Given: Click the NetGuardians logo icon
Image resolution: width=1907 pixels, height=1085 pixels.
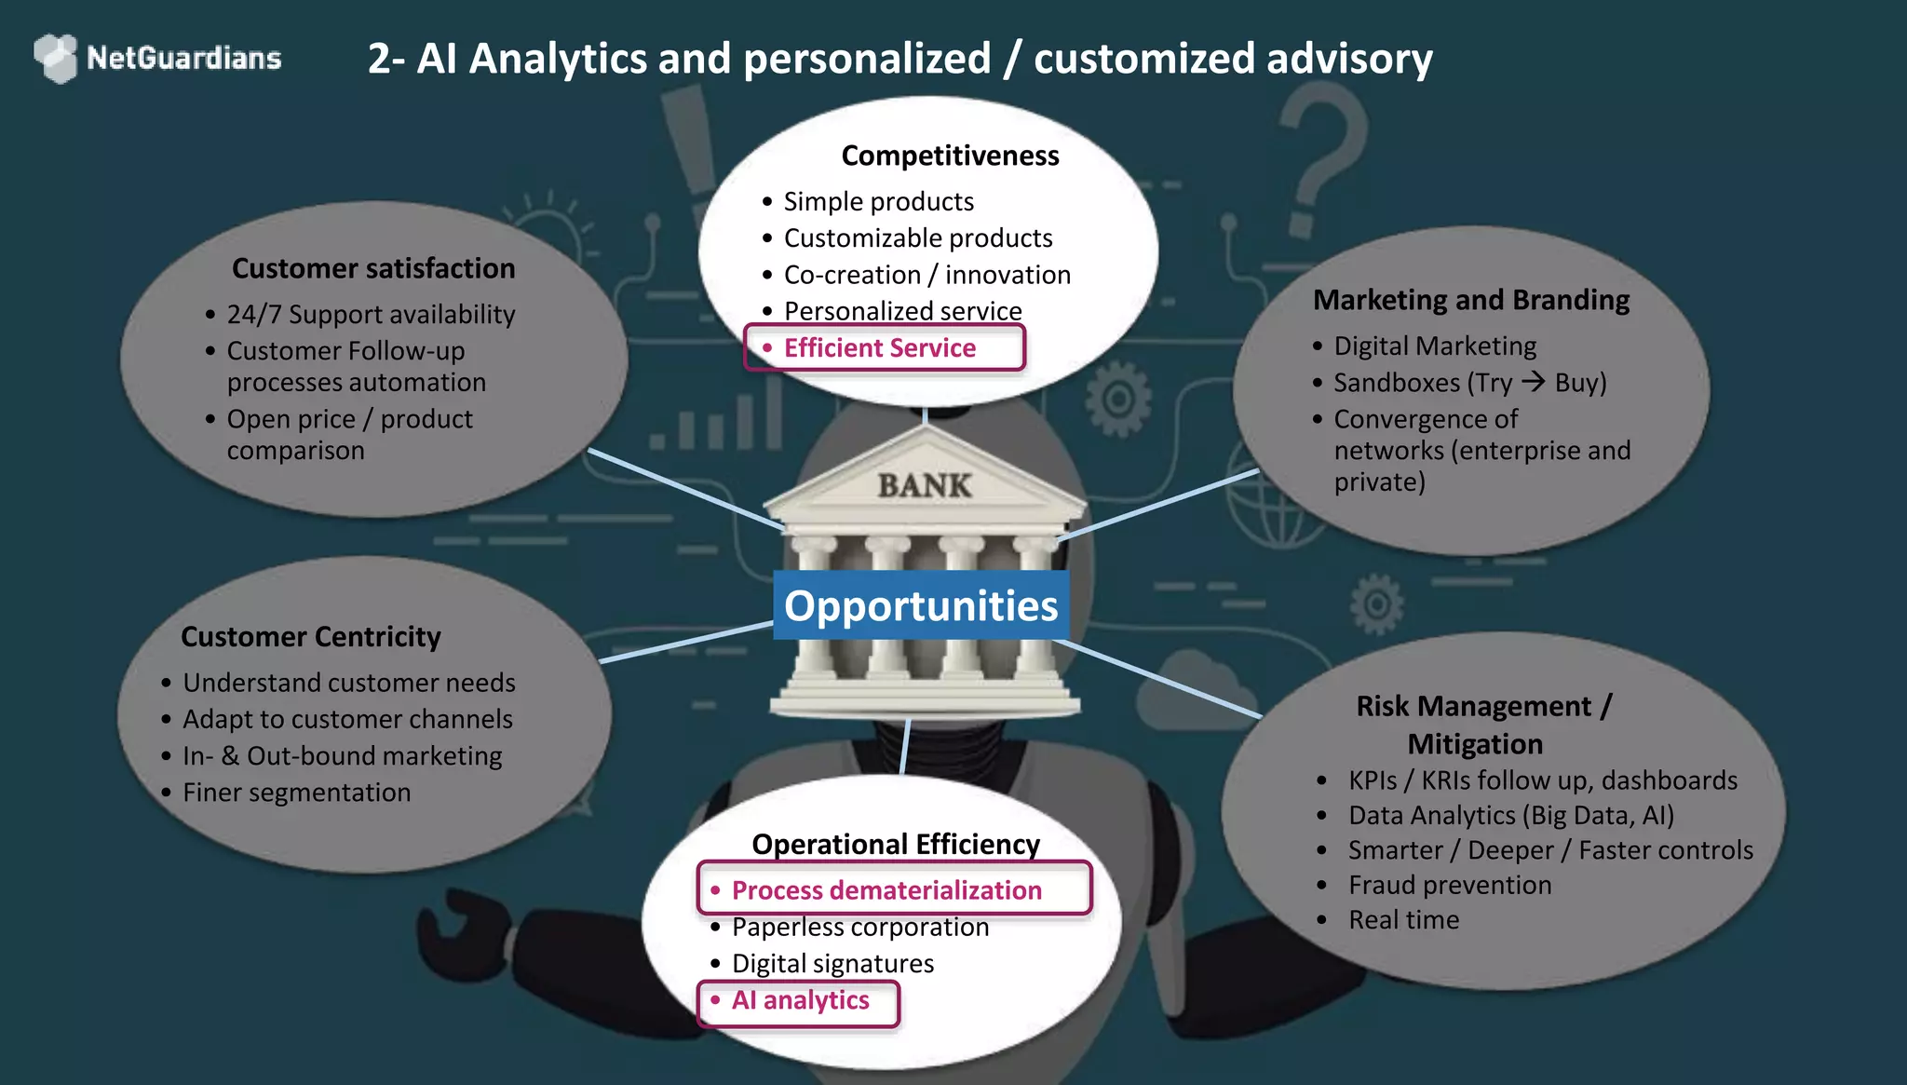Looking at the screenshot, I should coord(56,58).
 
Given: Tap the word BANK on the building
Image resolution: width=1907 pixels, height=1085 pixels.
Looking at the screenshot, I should coord(924,485).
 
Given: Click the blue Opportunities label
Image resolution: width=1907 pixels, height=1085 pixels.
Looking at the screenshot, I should coord(921,605).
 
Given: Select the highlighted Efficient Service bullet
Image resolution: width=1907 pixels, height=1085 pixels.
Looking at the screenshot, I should coord(880,348).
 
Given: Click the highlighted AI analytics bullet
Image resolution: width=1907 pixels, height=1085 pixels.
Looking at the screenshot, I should coord(800,1000).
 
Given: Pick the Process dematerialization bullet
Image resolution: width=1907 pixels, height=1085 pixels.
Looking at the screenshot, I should coord(886,890).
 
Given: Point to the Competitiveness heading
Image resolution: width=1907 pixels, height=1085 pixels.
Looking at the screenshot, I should coord(950,156).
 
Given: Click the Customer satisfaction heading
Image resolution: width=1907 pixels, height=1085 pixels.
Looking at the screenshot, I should coord(373,268).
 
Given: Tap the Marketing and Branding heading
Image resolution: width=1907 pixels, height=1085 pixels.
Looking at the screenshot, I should coord(1471,300).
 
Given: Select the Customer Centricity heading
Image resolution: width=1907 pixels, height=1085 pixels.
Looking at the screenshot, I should coord(311,637).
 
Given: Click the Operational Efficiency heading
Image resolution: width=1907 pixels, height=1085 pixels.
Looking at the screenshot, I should coord(896,844).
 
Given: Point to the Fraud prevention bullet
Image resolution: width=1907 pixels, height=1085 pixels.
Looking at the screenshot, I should coord(1450,885).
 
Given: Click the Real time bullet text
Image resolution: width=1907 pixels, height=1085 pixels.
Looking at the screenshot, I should coord(1403,920).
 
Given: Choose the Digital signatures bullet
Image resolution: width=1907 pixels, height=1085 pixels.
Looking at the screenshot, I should coord(832,964).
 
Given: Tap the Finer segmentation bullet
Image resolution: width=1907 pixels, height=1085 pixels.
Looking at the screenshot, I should coord(296,793).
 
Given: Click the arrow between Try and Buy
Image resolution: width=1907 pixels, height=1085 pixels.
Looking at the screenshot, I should coord(1533,382).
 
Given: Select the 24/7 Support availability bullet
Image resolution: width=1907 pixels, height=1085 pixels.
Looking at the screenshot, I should coord(371,315).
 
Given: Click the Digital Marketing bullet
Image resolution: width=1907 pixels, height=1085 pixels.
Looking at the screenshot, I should coord(1435,346).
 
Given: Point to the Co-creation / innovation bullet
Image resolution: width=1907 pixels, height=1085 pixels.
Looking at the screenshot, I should coord(926,275).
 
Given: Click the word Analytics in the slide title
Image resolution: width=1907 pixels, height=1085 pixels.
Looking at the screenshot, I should coord(558,59).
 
